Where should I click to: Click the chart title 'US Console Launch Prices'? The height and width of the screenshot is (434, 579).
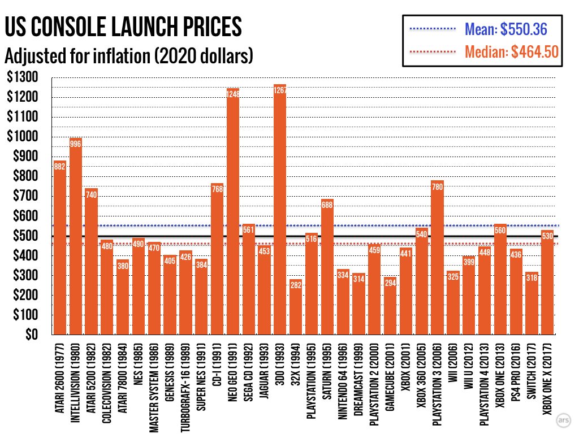tap(123, 27)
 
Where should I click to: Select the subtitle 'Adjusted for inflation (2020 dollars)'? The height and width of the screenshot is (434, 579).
tap(128, 57)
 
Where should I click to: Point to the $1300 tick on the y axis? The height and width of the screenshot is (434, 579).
tap(22, 77)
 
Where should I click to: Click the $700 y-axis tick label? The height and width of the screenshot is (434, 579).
tap(24, 196)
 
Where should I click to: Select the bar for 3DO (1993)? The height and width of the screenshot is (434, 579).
tap(280, 215)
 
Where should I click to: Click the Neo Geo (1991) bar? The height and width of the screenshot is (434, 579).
tap(233, 215)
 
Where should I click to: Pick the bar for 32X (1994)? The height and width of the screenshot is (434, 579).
tap(296, 308)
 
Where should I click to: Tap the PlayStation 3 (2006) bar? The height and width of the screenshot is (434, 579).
tap(437, 260)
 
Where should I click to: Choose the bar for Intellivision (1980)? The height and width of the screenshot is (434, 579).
tap(76, 237)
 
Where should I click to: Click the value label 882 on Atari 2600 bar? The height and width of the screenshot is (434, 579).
tap(60, 167)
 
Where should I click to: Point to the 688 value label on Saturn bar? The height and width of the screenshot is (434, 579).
tap(327, 205)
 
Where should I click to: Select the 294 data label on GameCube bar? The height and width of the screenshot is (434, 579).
tap(390, 283)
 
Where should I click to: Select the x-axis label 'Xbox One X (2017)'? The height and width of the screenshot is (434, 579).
tap(547, 376)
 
